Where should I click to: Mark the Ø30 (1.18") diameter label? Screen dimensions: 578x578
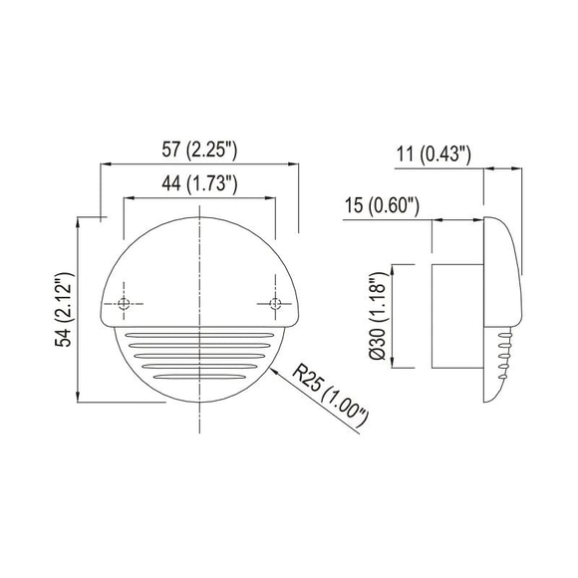coord(376,316)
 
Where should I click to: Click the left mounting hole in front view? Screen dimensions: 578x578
coord(124,303)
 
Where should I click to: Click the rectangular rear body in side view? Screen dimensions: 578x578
coord(456,316)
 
